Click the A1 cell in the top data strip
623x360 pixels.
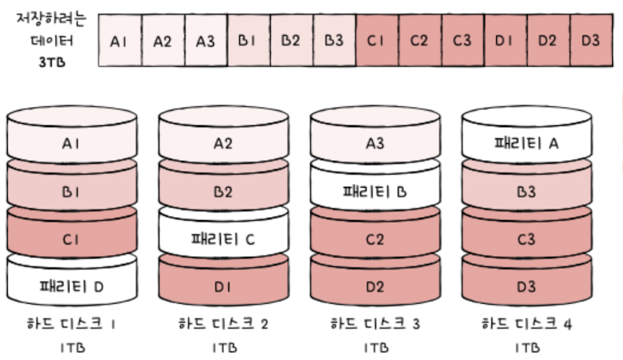[x=119, y=41]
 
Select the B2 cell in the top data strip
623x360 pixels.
[x=290, y=41]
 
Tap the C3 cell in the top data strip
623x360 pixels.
[x=461, y=41]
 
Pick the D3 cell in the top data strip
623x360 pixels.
[x=590, y=41]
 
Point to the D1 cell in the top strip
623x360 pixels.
[x=505, y=41]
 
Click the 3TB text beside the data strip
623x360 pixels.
[x=53, y=62]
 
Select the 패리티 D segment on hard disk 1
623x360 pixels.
[x=71, y=288]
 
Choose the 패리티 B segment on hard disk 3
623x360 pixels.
[x=375, y=192]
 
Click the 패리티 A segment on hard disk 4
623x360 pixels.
[x=526, y=143]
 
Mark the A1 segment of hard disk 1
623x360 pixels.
[x=71, y=143]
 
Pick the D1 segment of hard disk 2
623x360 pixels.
[x=222, y=288]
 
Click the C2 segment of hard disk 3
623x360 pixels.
[x=375, y=240]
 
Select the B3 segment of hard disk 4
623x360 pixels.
[x=526, y=192]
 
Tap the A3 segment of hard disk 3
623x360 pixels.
[x=375, y=143]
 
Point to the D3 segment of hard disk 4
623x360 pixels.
[x=526, y=288]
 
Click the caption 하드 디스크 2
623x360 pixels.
[x=223, y=325]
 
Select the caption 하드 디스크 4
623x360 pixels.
[x=527, y=325]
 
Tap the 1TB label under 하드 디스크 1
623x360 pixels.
[x=71, y=347]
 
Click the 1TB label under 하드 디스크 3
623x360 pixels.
[x=375, y=347]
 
